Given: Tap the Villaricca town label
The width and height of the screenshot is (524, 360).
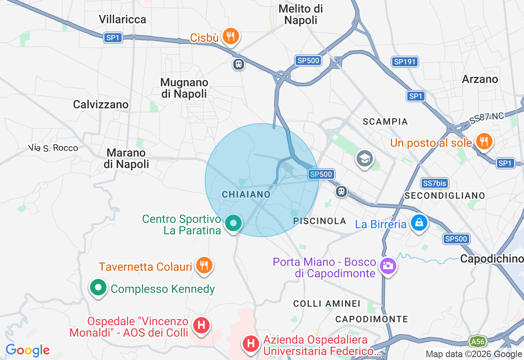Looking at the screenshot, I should (x=122, y=19).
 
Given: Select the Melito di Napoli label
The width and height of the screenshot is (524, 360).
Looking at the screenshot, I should (x=300, y=14).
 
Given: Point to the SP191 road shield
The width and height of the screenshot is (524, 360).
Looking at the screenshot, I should (x=404, y=62).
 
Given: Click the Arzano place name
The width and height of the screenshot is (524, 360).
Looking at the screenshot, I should (x=480, y=79).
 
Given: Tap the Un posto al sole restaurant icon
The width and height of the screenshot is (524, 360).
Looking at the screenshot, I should (x=484, y=142).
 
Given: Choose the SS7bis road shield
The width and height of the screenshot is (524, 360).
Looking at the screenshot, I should (x=435, y=183).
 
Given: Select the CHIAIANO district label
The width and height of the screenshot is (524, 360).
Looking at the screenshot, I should (x=246, y=195).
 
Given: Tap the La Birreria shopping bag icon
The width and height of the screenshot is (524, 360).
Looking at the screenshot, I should (x=419, y=223).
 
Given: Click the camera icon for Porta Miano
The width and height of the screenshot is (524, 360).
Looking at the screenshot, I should (x=387, y=266).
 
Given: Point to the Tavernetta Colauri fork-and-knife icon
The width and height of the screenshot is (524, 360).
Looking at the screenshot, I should (x=203, y=265).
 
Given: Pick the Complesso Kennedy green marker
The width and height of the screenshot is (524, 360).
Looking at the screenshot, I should (x=98, y=288).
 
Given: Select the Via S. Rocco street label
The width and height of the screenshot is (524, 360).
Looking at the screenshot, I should (x=53, y=148).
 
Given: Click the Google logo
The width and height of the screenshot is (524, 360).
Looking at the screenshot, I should (x=27, y=350).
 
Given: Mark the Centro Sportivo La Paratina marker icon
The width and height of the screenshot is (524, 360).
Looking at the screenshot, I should (x=233, y=223).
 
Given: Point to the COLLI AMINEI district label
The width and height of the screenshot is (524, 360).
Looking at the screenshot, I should (x=327, y=304).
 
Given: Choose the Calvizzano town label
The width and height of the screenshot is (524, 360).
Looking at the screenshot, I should (x=101, y=105).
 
